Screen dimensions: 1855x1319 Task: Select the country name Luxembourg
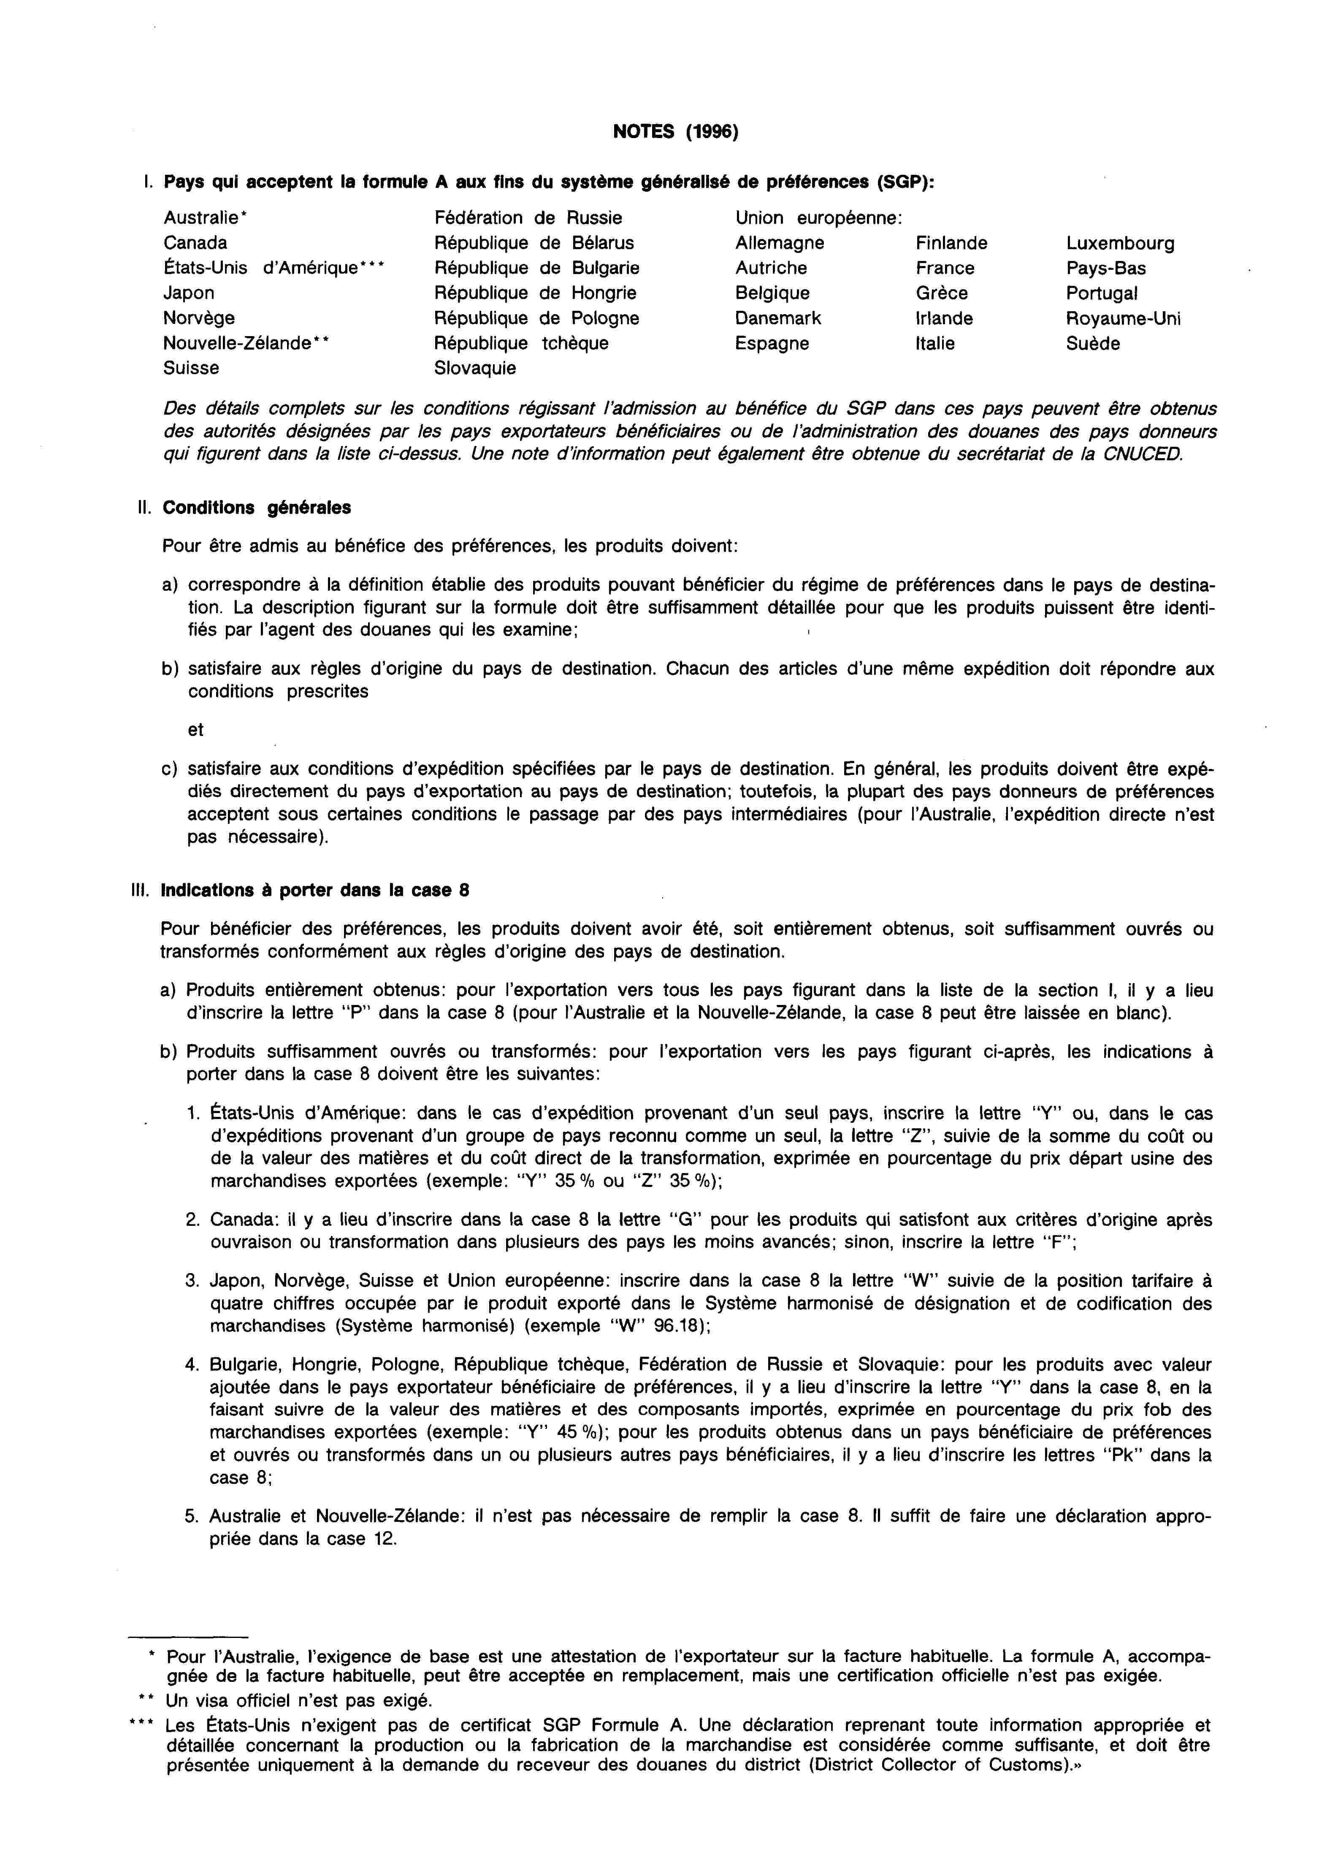pyautogui.click(x=1120, y=243)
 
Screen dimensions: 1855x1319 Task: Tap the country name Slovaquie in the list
pyautogui.click(x=475, y=368)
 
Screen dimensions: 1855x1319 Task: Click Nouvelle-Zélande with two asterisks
pyautogui.click(x=246, y=343)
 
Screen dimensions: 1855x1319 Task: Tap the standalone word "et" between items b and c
pyautogui.click(x=196, y=730)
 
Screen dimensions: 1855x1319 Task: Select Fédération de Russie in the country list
pyautogui.click(x=529, y=218)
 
